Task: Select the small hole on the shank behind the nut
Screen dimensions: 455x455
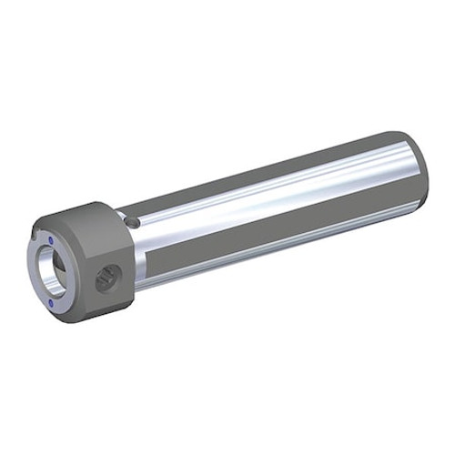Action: tap(134, 221)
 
